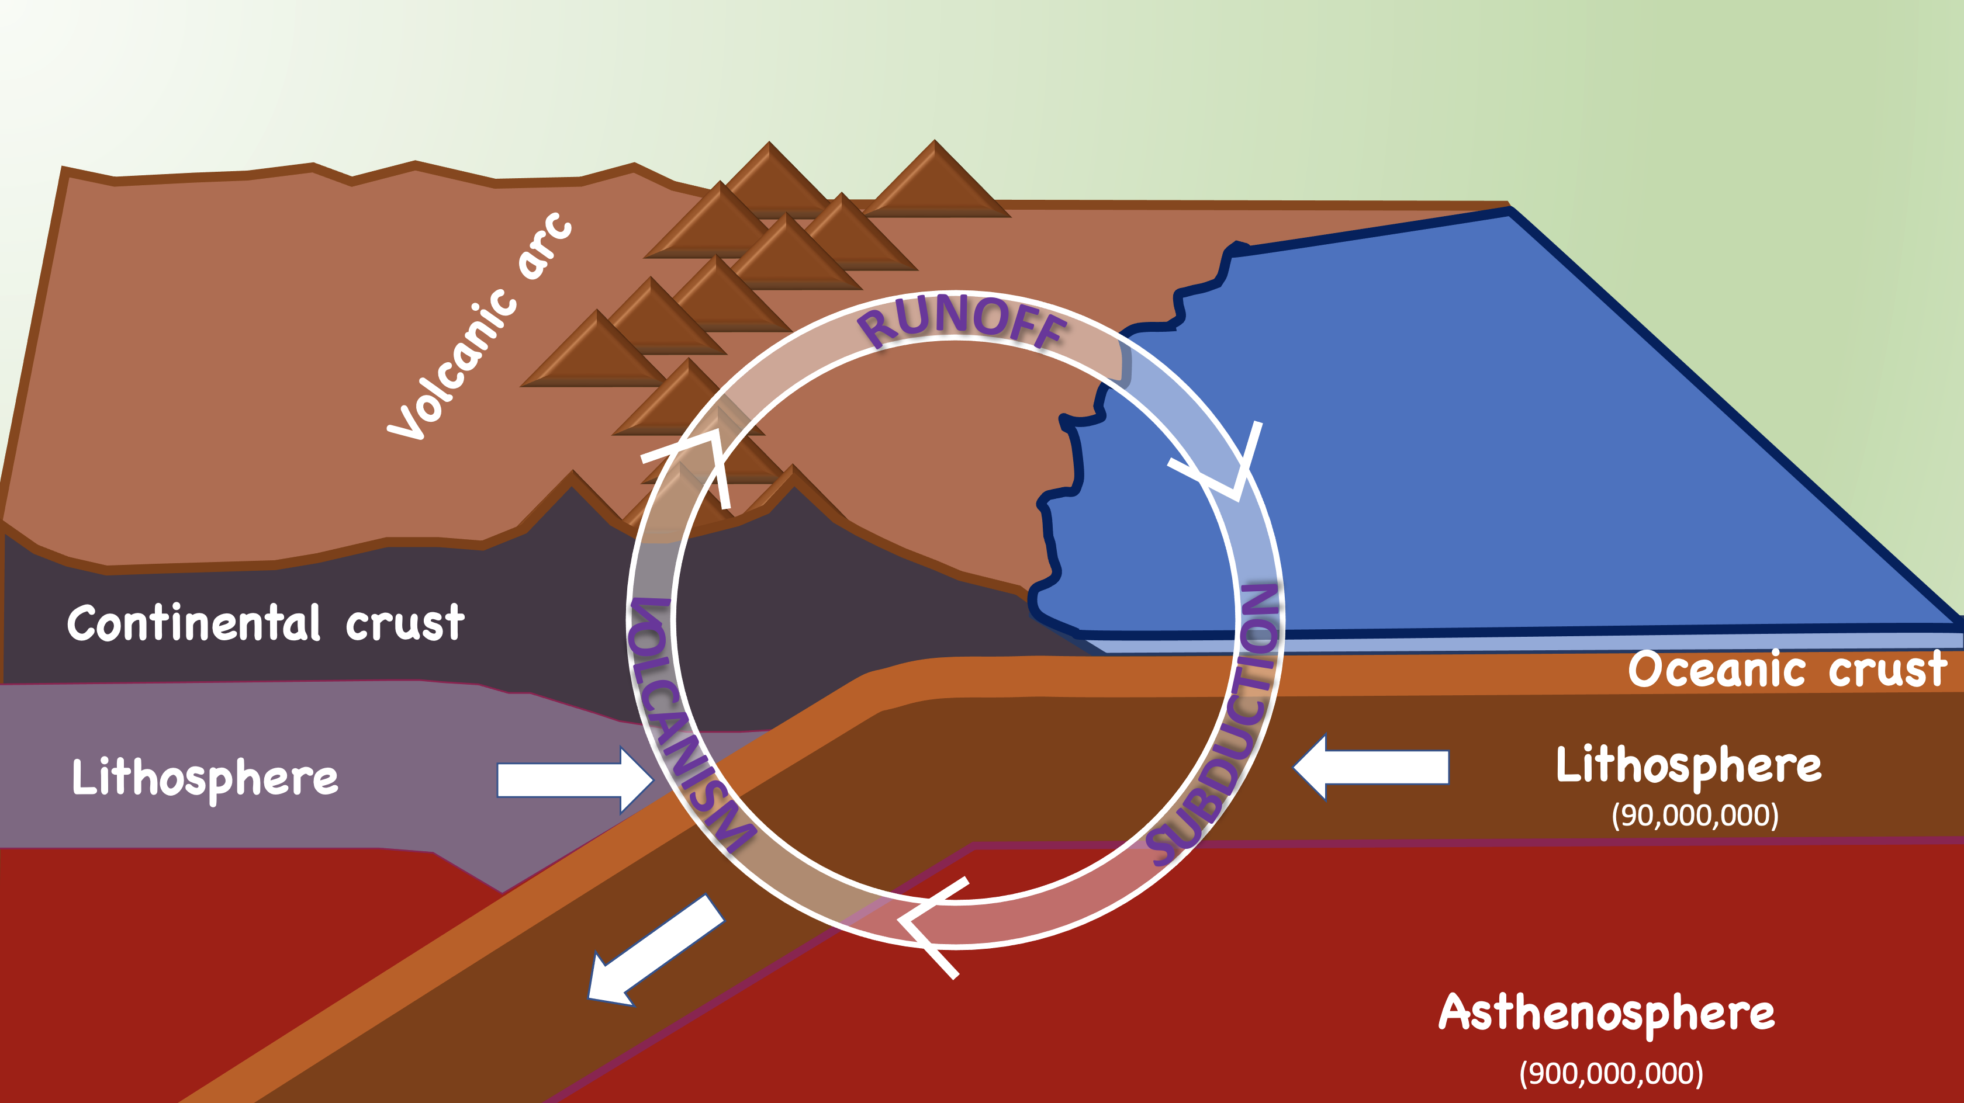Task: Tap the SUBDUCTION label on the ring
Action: [x=1227, y=724]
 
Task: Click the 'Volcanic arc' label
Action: [x=480, y=328]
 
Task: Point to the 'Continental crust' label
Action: [x=265, y=623]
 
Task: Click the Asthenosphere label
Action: [x=1606, y=1014]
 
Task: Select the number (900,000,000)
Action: [x=1610, y=1073]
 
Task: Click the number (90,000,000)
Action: [x=1694, y=815]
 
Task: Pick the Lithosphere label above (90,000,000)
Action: [x=1688, y=766]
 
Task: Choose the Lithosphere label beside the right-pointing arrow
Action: [x=205, y=778]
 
